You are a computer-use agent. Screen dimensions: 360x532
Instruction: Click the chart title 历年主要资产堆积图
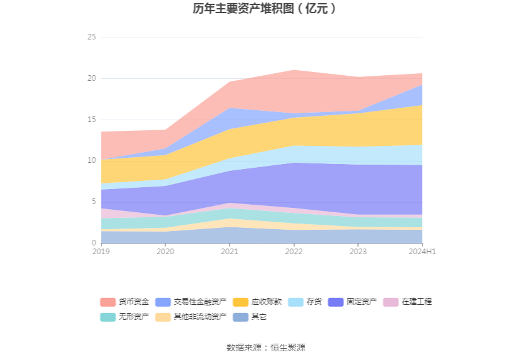pyautogui.click(x=265, y=9)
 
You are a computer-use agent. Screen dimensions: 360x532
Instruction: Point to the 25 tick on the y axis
pyautogui.click(x=91, y=38)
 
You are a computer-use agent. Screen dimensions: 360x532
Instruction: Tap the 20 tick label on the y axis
pyautogui.click(x=91, y=78)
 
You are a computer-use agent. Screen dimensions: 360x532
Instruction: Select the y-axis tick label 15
pyautogui.click(x=91, y=120)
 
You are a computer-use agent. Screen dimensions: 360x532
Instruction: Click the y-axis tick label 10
pyautogui.click(x=91, y=160)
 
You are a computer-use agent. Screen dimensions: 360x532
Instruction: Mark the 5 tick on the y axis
pyautogui.click(x=93, y=202)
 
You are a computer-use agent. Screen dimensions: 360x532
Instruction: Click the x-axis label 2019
pyautogui.click(x=101, y=251)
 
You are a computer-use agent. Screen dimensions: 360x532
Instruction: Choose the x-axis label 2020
pyautogui.click(x=165, y=251)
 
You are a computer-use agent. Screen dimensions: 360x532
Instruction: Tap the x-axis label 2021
pyautogui.click(x=230, y=251)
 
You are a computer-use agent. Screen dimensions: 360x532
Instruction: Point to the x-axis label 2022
pyautogui.click(x=294, y=251)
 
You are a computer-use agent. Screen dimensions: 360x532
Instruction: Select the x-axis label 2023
pyautogui.click(x=358, y=251)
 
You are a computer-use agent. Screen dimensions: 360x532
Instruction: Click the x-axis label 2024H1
pyautogui.click(x=422, y=251)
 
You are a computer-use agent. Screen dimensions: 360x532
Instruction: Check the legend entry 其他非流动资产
pyautogui.click(x=200, y=317)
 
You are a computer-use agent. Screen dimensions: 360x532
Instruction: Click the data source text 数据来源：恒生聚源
pyautogui.click(x=265, y=347)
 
